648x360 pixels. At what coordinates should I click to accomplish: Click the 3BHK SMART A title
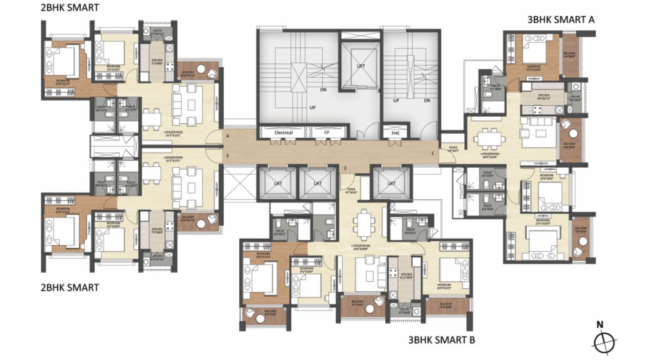(x=561, y=19)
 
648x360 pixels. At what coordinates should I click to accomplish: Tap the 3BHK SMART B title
(x=441, y=340)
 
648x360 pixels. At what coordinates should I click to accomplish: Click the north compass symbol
(x=604, y=341)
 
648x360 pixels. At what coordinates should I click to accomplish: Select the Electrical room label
(x=283, y=132)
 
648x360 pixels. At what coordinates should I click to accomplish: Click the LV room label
(x=327, y=132)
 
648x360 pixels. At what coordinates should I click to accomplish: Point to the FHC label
(x=396, y=133)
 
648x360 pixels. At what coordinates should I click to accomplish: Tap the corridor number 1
(x=433, y=153)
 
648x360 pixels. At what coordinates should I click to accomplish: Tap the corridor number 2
(x=345, y=168)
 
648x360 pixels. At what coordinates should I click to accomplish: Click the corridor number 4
(x=228, y=136)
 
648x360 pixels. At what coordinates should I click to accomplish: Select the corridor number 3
(x=227, y=156)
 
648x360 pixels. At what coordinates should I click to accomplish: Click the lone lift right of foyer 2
(x=392, y=183)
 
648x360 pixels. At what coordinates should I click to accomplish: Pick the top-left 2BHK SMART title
(x=70, y=7)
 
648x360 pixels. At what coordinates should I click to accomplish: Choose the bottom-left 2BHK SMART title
(x=70, y=288)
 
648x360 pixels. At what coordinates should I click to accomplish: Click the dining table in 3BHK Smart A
(x=489, y=139)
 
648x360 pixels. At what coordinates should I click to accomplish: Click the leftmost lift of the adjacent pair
(x=278, y=183)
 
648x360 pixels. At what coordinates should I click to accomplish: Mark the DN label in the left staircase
(x=323, y=90)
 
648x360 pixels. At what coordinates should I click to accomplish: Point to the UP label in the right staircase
(x=396, y=100)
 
